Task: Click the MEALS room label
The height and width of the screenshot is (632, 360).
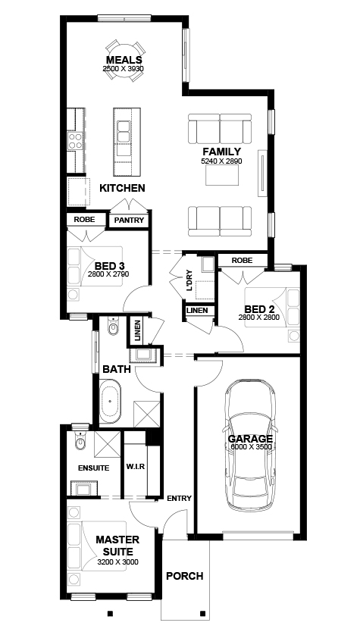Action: coord(124,60)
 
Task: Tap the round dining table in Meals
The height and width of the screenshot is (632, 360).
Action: coord(124,61)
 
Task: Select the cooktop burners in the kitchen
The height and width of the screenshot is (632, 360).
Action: coord(75,141)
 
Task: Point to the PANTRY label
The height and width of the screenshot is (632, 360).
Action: coord(129,220)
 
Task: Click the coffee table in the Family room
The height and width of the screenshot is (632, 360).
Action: coord(222,175)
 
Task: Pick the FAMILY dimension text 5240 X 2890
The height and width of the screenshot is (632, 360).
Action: coord(221,161)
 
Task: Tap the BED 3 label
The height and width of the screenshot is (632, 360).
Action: coord(109,266)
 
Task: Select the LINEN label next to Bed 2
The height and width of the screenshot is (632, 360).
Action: coord(197,311)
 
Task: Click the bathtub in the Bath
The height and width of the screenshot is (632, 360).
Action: coord(110,401)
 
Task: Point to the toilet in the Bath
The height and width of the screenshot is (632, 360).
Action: coord(113,327)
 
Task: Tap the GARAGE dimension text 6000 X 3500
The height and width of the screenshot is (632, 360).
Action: coord(250,446)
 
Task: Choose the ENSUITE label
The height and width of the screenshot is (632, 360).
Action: coord(93,468)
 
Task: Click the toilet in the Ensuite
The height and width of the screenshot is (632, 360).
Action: coord(80,441)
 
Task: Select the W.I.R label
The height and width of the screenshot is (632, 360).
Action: coord(136,467)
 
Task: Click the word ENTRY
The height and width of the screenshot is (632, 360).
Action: coord(180,498)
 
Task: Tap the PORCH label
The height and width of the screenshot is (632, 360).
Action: coord(185,576)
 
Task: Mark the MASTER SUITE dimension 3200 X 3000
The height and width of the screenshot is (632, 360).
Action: coord(117,562)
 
